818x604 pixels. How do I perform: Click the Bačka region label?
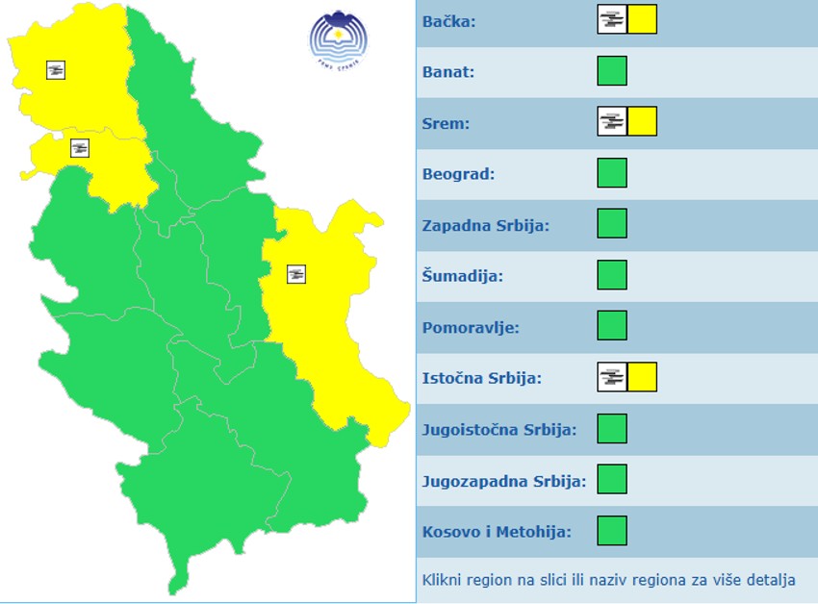point(448,20)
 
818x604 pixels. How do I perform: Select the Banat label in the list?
point(448,71)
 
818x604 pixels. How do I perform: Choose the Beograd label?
point(458,174)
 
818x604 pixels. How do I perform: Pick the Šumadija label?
point(462,276)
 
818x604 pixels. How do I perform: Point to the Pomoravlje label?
point(471,327)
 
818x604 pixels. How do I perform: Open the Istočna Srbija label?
point(481,378)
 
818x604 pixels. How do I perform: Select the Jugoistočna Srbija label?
point(498,429)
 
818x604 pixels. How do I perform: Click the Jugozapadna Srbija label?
point(503,480)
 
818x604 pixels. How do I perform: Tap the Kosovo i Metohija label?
point(497,531)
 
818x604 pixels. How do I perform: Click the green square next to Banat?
point(612,71)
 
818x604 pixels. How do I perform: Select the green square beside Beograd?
point(612,173)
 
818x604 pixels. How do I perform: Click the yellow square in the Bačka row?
point(642,20)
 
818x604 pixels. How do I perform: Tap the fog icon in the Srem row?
point(612,122)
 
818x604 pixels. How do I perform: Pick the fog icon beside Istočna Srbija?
point(612,378)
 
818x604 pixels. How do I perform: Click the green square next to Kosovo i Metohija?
point(612,531)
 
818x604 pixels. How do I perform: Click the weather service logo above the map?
point(337,38)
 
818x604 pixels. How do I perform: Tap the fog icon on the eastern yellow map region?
point(295,274)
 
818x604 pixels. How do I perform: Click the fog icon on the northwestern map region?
point(56,69)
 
